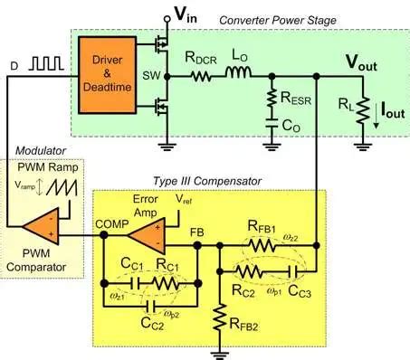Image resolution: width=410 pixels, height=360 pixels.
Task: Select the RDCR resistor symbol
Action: [204, 77]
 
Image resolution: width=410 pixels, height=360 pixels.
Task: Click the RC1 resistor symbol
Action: [164, 283]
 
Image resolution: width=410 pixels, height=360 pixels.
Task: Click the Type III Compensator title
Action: [205, 182]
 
